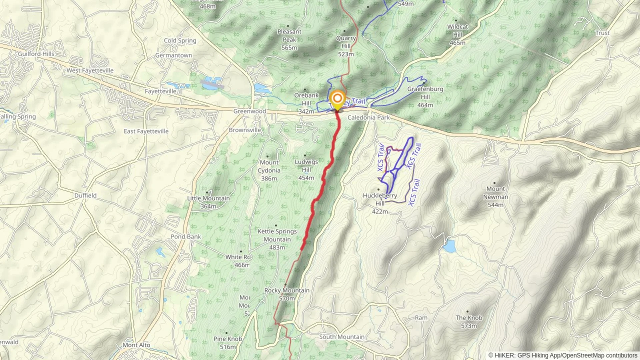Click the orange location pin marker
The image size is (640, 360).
coord(337,99)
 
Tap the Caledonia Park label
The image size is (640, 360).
coord(368,118)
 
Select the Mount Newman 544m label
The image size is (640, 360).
coord(495,197)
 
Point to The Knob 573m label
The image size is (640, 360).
coord(469,322)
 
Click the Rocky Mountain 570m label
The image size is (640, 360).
coord(287,294)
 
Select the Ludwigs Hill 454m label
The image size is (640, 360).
coord(306,170)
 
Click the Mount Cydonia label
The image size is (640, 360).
coord(269,170)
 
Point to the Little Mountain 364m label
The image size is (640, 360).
coord(208,202)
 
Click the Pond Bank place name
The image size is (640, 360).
coord(186,237)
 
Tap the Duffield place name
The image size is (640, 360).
coord(85,196)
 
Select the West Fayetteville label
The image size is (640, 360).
coord(90,71)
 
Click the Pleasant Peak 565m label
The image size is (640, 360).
coord(289,40)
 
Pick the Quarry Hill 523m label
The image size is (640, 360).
coord(346,46)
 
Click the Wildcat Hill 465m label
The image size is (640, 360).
coord(457,35)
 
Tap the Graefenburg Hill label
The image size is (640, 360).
coord(425,97)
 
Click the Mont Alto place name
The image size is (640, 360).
coord(136,345)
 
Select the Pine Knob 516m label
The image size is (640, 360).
coord(228,343)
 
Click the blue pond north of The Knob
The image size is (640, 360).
coord(449,246)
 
